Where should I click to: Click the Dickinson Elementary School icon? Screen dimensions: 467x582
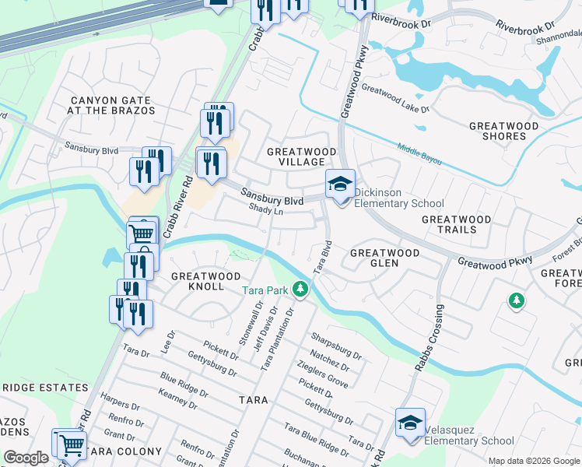[x=340, y=184]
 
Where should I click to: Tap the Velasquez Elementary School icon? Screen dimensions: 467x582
[x=410, y=423]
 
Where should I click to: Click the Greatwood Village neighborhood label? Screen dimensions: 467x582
[x=302, y=156]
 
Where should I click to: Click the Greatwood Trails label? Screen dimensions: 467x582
[x=457, y=225]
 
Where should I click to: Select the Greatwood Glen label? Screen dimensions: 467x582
[x=384, y=258]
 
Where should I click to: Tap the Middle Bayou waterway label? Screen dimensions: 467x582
[x=419, y=154]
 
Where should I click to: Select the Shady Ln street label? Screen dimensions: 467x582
[x=265, y=209]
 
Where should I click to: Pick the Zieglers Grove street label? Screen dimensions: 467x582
[x=322, y=375]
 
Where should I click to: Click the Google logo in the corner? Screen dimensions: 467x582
[x=26, y=458]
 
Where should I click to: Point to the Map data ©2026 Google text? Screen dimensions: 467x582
[x=534, y=461]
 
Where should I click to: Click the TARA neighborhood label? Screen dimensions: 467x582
[x=254, y=400]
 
